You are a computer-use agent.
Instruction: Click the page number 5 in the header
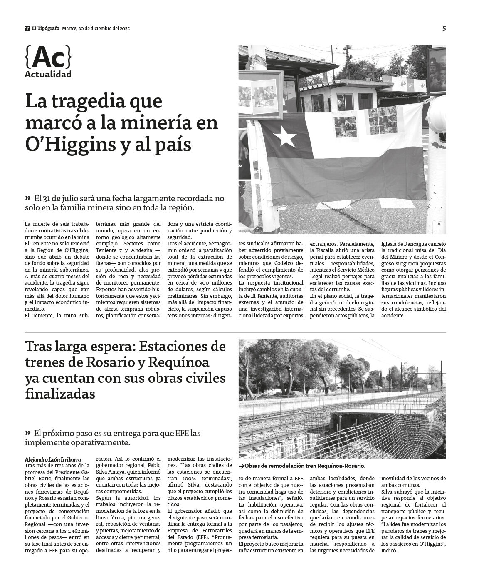tap(444, 29)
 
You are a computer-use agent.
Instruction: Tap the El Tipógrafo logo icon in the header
tap(27, 29)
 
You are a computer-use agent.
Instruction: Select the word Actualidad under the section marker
tap(48, 75)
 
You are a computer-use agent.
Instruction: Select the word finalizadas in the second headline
tap(60, 393)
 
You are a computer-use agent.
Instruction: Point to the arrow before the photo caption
tap(241, 466)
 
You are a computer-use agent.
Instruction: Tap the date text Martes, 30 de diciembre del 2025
tap(96, 29)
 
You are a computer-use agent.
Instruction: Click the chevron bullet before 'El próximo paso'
tap(28, 433)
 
